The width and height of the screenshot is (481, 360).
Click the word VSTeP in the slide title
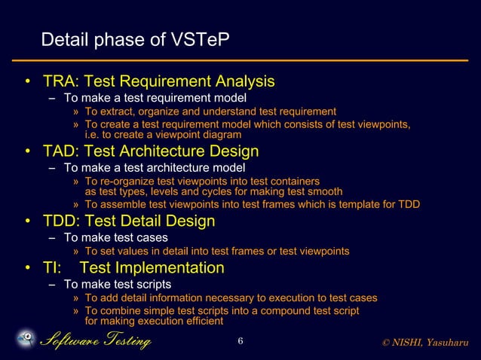click(x=198, y=39)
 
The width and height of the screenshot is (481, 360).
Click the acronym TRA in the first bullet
click(x=59, y=81)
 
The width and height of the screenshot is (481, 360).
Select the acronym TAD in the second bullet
click(x=60, y=151)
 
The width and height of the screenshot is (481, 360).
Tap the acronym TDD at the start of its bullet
click(x=60, y=221)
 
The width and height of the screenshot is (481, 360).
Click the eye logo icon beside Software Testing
click(x=25, y=340)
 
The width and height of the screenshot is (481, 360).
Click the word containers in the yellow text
click(x=295, y=182)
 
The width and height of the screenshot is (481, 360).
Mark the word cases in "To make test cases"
click(x=151, y=237)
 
